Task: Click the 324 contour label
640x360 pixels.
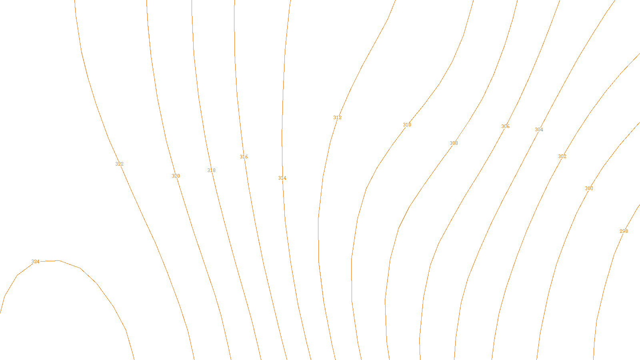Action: click(36, 262)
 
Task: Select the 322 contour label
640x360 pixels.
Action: click(119, 164)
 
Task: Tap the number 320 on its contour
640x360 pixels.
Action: click(176, 176)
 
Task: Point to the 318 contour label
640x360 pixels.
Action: click(211, 170)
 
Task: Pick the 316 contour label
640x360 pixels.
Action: click(244, 157)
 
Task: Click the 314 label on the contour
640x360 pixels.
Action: click(282, 178)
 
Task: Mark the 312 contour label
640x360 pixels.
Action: click(337, 118)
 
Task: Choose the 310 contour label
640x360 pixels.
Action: click(407, 125)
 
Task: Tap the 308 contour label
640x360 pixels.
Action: click(454, 143)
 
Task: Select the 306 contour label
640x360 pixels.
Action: click(505, 126)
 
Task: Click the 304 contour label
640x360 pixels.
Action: click(539, 130)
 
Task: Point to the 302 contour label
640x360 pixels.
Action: click(562, 156)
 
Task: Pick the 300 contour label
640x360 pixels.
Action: click(589, 188)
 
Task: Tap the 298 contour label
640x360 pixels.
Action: click(624, 231)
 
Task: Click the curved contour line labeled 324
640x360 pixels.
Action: click(97, 284)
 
